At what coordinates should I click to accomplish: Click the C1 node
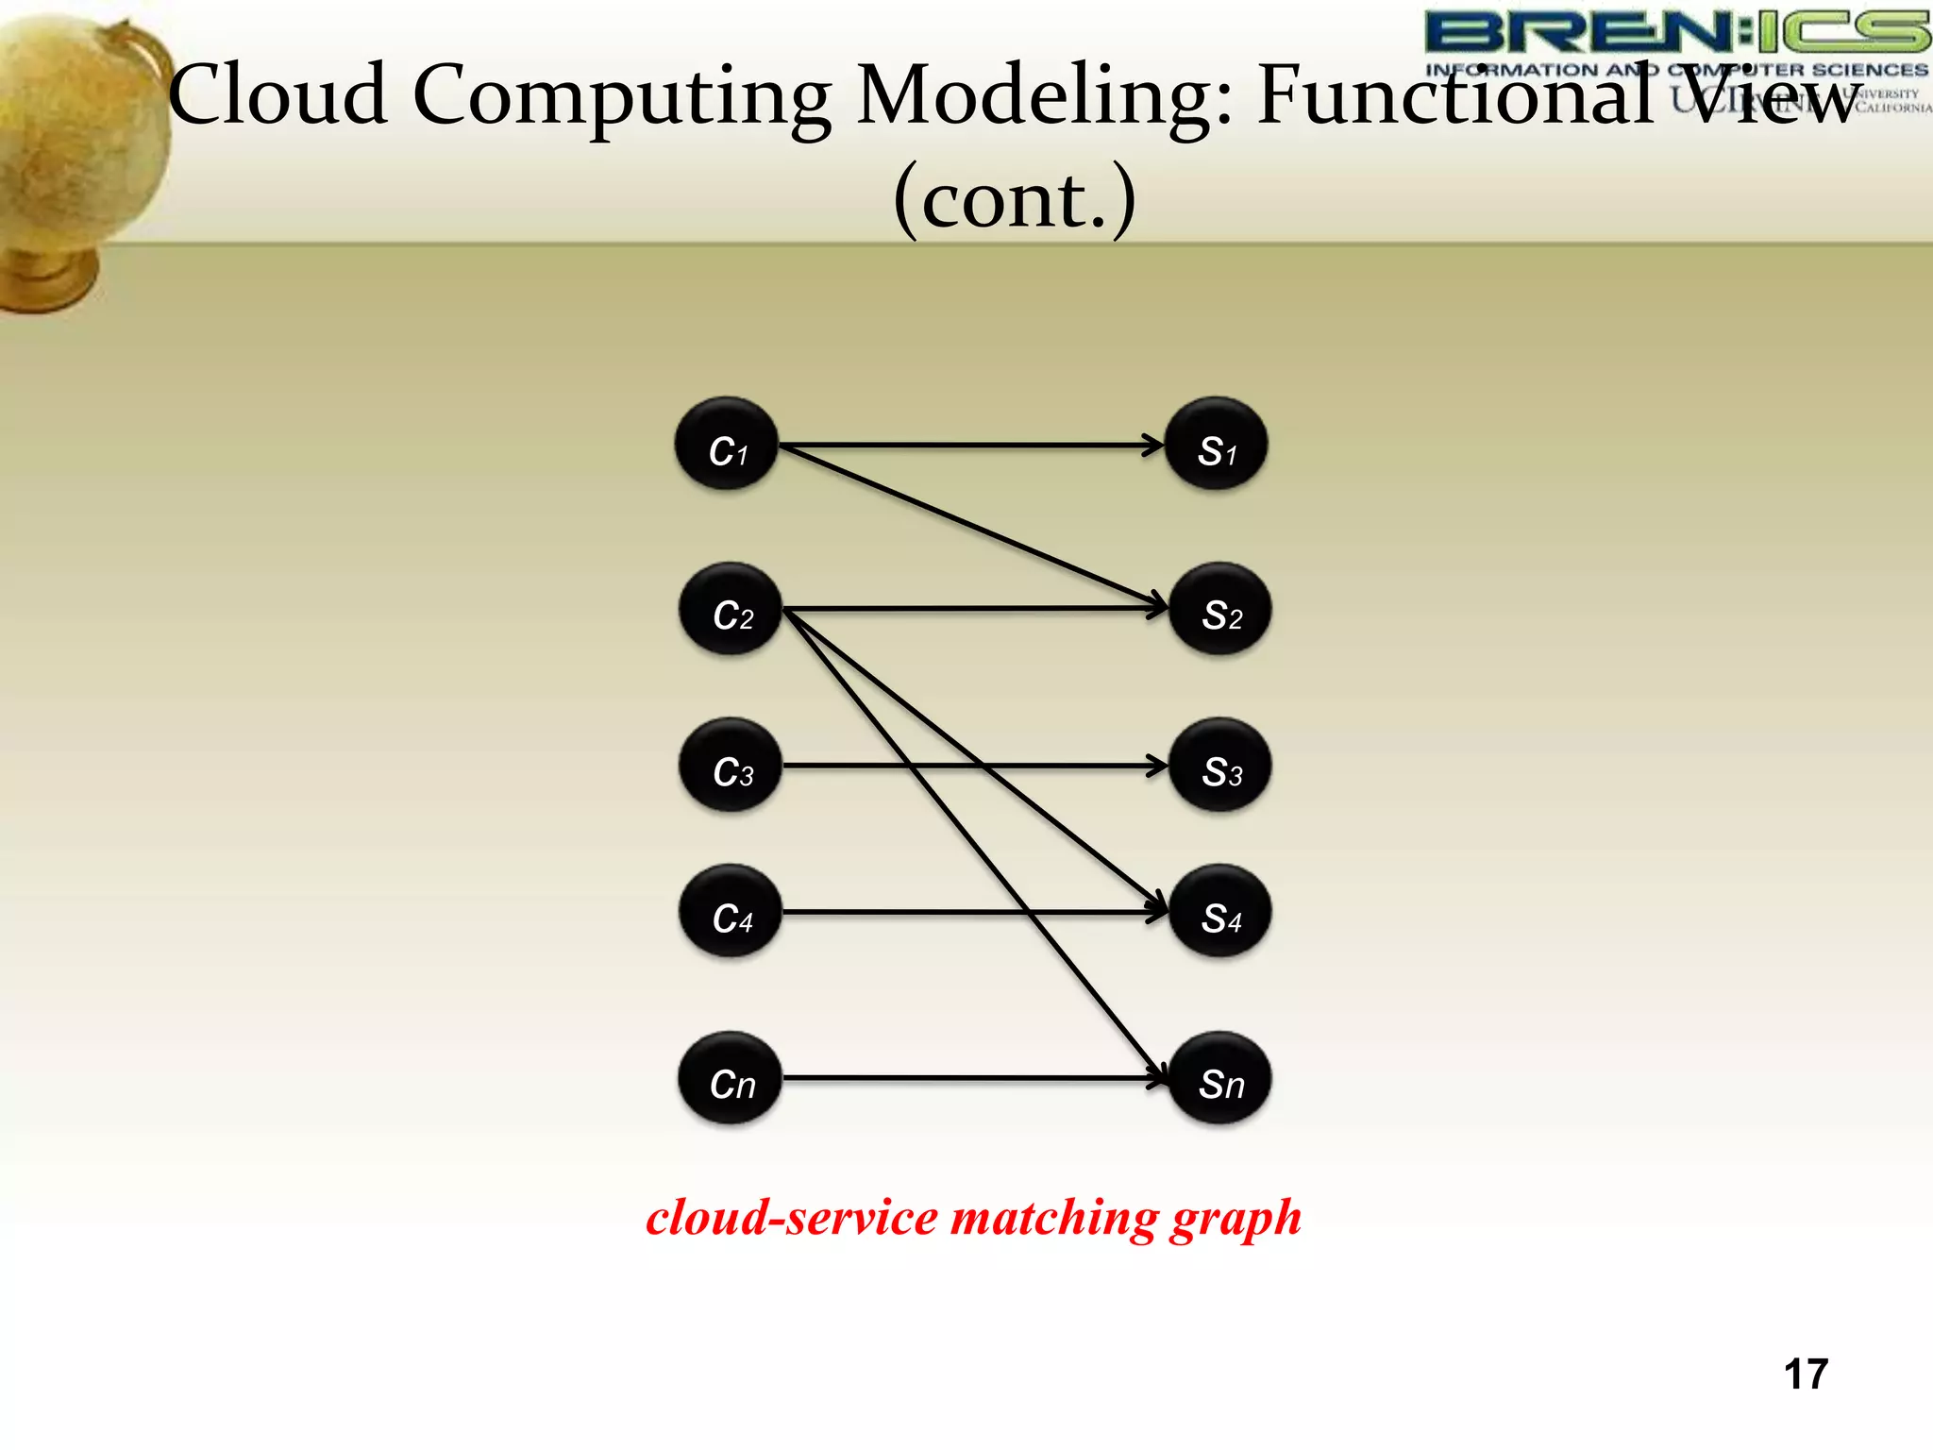(726, 444)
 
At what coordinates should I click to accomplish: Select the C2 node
(731, 609)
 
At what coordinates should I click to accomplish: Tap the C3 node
(731, 765)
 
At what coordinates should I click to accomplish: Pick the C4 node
(731, 912)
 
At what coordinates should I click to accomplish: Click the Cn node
(731, 1078)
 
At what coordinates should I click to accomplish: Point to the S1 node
(1217, 444)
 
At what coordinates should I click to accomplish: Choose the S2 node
(1220, 609)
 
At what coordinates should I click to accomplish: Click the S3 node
(1220, 765)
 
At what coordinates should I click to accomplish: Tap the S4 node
(1220, 912)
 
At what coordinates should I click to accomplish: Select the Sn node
(1220, 1078)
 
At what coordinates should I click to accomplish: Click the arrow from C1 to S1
(972, 444)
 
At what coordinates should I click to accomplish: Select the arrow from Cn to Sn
(972, 1077)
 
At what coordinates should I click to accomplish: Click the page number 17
(1806, 1374)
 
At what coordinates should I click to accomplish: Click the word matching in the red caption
(1053, 1218)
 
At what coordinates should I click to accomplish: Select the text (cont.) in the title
(1015, 198)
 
